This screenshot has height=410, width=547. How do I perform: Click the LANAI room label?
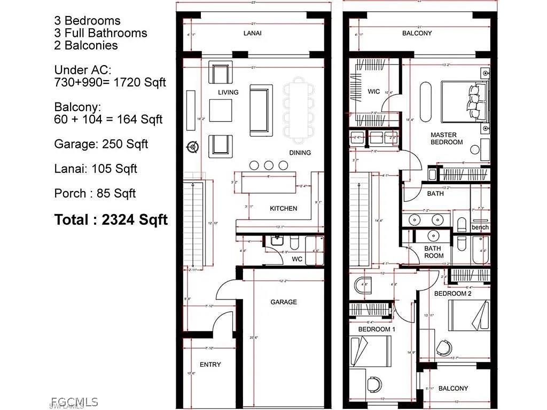pos(252,33)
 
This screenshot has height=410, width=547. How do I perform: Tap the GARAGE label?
pos(283,302)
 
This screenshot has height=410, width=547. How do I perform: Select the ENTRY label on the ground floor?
pos(210,365)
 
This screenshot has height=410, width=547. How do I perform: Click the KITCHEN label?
pos(283,208)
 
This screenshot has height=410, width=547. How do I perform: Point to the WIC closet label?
pos(374,92)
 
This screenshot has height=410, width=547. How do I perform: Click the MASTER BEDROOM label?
pos(447,139)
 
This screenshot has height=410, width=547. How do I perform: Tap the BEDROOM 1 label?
pos(377,329)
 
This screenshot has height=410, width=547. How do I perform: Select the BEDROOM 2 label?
pos(452,294)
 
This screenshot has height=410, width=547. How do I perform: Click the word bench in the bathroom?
pos(480,227)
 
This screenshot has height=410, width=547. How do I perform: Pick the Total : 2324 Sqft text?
pos(111,219)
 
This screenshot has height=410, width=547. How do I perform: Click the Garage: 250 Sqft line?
pos(101,144)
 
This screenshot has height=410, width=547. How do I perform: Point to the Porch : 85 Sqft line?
pos(95,193)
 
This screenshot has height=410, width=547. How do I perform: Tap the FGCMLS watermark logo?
pos(74,401)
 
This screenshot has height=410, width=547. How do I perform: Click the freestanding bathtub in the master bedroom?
pos(426,102)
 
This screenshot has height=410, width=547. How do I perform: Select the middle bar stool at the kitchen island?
pos(269,165)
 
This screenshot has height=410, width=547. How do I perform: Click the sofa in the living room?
pos(261,110)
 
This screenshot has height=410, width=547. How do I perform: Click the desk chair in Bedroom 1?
pos(375,383)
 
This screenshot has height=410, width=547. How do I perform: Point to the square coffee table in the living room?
pos(220,111)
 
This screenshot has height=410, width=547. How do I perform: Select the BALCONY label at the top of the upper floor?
pos(417,33)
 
